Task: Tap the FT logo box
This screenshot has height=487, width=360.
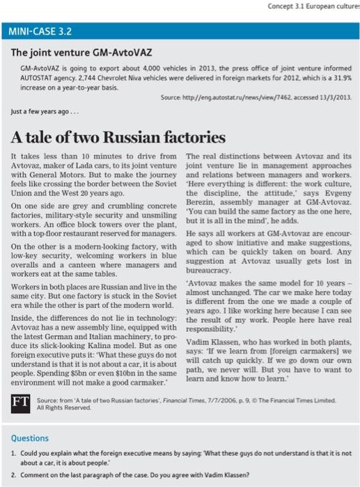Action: [x=17, y=402]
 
